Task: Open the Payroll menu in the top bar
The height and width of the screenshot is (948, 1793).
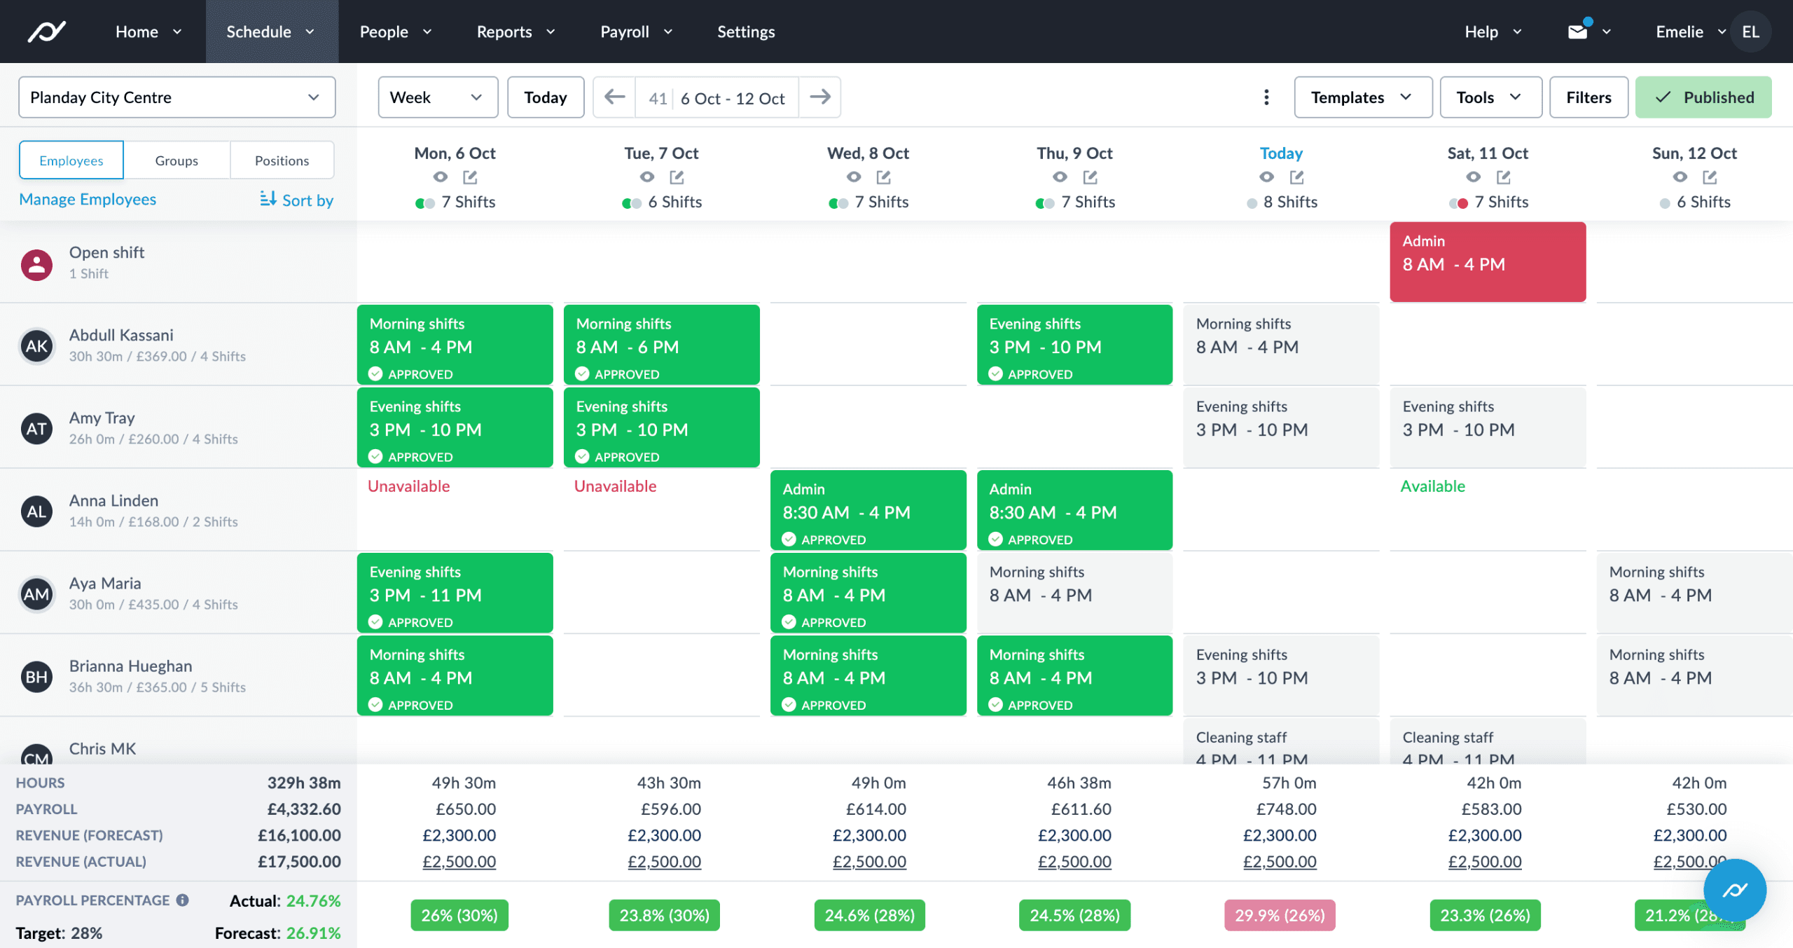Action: pyautogui.click(x=635, y=32)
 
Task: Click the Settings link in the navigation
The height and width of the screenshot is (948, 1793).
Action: pyautogui.click(x=746, y=32)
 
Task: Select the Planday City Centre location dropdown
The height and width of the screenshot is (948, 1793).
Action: pyautogui.click(x=176, y=97)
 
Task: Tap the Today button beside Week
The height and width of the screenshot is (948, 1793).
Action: pyautogui.click(x=545, y=97)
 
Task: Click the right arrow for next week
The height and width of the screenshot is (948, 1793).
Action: pyautogui.click(x=819, y=97)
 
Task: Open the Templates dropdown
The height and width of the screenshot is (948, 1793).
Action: pyautogui.click(x=1362, y=97)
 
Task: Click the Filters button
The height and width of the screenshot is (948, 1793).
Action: pyautogui.click(x=1588, y=97)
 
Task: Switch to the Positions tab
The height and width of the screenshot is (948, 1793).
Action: pyautogui.click(x=282, y=160)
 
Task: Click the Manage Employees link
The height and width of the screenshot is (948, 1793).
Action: pyautogui.click(x=88, y=200)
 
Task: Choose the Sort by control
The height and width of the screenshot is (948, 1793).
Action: pyautogui.click(x=296, y=200)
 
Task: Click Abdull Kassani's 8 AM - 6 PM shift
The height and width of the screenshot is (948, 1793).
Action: pyautogui.click(x=661, y=345)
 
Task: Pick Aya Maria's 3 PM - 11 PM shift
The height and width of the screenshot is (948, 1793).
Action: pyautogui.click(x=455, y=593)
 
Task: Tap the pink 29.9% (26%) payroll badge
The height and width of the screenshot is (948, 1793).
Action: pyautogui.click(x=1280, y=915)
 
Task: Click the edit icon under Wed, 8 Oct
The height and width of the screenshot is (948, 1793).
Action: pyautogui.click(x=884, y=177)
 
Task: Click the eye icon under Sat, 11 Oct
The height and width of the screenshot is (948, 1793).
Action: pyautogui.click(x=1474, y=177)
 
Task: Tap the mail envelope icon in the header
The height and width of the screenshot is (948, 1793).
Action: pyautogui.click(x=1577, y=32)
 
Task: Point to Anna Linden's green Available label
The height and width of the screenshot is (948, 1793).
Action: pyautogui.click(x=1432, y=486)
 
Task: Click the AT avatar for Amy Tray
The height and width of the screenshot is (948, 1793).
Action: pyautogui.click(x=37, y=428)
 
